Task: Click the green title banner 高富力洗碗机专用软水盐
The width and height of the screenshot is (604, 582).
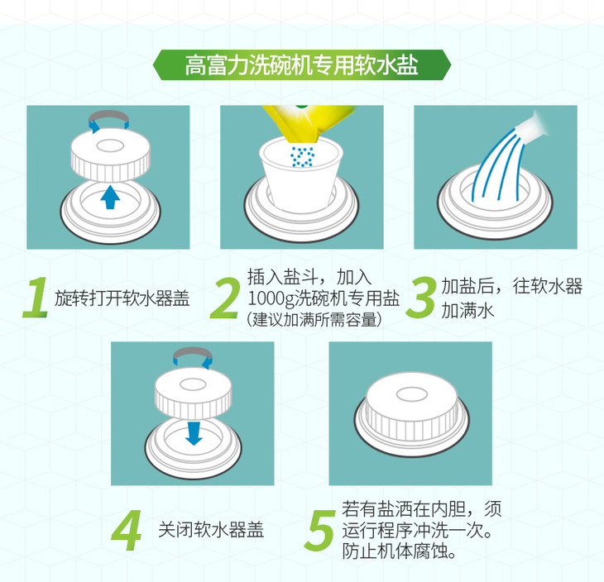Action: tap(302, 64)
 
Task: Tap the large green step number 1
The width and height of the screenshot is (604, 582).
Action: tap(36, 298)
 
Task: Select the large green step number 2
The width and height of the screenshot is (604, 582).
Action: tap(224, 298)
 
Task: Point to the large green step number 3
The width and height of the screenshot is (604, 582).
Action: tap(421, 298)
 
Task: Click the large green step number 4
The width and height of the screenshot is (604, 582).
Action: tap(127, 531)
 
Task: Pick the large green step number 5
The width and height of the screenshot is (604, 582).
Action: tap(319, 531)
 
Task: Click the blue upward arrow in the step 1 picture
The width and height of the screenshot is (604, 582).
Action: tap(110, 197)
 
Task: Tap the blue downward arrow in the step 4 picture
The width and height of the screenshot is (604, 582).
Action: tap(194, 433)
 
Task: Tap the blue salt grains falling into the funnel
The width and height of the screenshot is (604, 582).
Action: tap(302, 156)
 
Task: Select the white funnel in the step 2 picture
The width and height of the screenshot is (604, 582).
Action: tap(301, 175)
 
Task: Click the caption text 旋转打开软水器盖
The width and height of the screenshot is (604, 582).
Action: tap(122, 298)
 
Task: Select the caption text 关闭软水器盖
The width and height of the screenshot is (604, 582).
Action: tap(211, 530)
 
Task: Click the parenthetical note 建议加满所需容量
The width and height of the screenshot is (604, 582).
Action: tap(314, 319)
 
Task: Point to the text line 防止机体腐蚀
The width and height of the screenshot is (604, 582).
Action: tap(399, 551)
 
